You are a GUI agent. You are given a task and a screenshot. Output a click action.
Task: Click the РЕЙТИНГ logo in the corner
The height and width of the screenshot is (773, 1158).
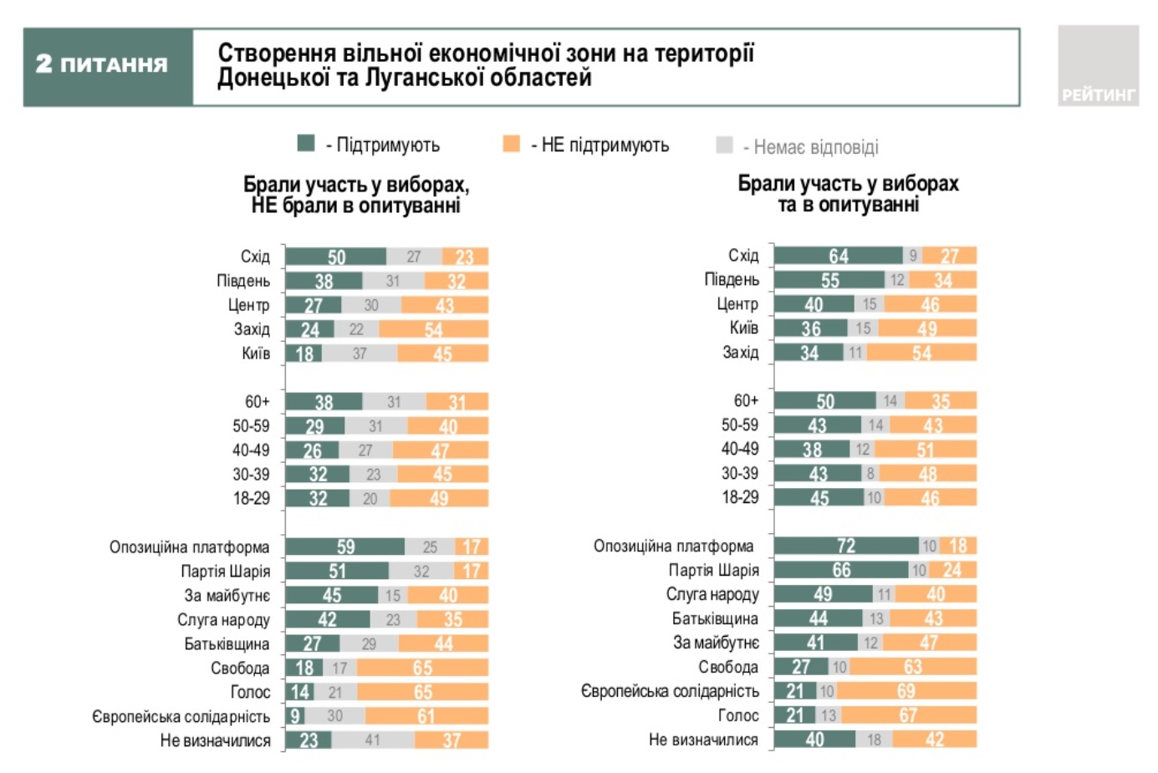click(1098, 66)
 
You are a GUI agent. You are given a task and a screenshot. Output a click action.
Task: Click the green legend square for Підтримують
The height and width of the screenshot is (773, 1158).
click(306, 144)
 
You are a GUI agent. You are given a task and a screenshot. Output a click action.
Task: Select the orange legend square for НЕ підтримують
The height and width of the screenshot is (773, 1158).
click(511, 145)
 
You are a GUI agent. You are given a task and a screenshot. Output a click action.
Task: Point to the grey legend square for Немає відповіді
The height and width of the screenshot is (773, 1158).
click(724, 145)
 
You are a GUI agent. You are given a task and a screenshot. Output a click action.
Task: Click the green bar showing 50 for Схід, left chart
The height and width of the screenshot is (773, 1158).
click(335, 257)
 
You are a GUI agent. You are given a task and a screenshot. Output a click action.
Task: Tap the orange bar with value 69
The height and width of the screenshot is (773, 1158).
click(906, 691)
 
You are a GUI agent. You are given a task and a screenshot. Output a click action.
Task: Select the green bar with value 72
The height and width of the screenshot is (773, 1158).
click(846, 546)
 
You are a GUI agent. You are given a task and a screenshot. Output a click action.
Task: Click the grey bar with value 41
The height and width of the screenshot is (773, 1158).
click(373, 740)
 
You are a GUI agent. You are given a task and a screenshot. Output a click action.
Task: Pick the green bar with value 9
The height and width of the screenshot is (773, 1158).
click(295, 716)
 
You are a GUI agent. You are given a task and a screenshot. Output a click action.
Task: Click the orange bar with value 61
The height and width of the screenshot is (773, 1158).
click(426, 716)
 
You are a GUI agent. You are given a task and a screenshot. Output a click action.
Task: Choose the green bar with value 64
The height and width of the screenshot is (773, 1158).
click(838, 256)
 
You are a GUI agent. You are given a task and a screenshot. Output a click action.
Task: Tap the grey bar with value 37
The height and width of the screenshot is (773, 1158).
click(360, 353)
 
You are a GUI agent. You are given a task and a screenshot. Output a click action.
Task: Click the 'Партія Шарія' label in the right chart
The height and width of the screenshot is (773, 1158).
click(713, 570)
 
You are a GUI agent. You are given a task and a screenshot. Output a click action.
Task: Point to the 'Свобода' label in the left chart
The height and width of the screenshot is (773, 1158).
click(240, 668)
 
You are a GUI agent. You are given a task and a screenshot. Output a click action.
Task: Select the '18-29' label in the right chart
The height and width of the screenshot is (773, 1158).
click(740, 497)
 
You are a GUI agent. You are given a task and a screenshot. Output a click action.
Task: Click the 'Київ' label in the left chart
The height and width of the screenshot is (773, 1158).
click(256, 353)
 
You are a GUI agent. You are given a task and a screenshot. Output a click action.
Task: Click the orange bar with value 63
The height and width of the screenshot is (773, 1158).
click(912, 667)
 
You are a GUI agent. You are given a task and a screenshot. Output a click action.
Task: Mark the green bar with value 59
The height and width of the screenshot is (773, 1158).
click(345, 547)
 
